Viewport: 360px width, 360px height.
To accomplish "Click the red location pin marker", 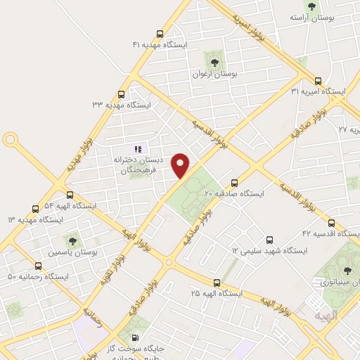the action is click(x=181, y=165).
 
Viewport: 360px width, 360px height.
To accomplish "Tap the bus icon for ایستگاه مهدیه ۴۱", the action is click(x=160, y=33).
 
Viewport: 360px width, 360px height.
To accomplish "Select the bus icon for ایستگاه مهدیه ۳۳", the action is click(x=122, y=94).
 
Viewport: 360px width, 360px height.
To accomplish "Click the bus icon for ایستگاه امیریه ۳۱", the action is click(x=318, y=80).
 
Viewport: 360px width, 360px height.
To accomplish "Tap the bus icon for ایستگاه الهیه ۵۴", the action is click(x=70, y=195).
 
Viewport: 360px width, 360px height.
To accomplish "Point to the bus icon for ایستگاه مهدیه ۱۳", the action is click(x=36, y=209).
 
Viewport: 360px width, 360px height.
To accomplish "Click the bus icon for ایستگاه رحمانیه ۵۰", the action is click(x=38, y=266).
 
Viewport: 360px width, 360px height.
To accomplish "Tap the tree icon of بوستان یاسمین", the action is click(x=72, y=241).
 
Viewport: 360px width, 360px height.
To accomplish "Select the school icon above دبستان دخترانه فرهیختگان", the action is click(x=139, y=148).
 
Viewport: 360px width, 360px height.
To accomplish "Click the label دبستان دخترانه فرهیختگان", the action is click(x=139, y=165).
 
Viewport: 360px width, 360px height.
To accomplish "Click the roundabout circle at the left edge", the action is click(x=10, y=139).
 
